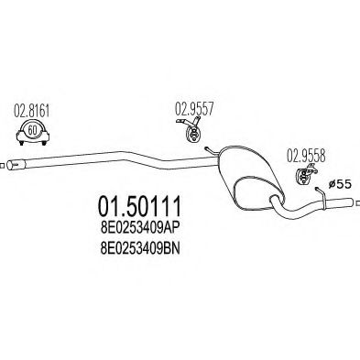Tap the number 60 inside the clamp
click(x=33, y=130)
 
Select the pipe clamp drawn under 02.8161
click(x=33, y=135)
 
